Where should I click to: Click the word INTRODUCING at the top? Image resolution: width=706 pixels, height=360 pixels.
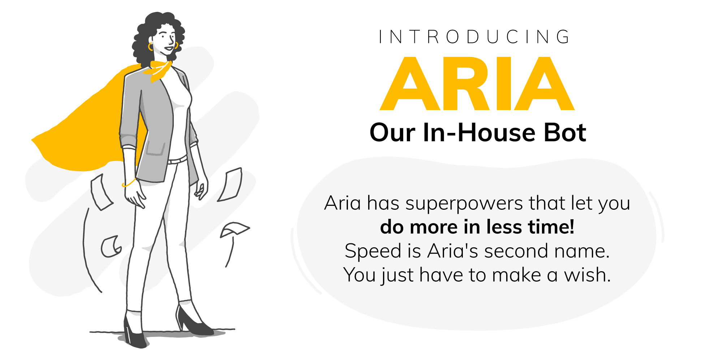pyautogui.click(x=474, y=37)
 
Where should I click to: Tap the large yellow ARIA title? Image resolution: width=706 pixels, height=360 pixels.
pyautogui.click(x=477, y=83)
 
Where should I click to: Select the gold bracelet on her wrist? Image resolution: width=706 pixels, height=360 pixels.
pyautogui.click(x=129, y=183)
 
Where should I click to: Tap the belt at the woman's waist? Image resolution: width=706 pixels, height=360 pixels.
pyautogui.click(x=177, y=160)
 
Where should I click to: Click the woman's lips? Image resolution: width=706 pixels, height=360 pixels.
pyautogui.click(x=168, y=48)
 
